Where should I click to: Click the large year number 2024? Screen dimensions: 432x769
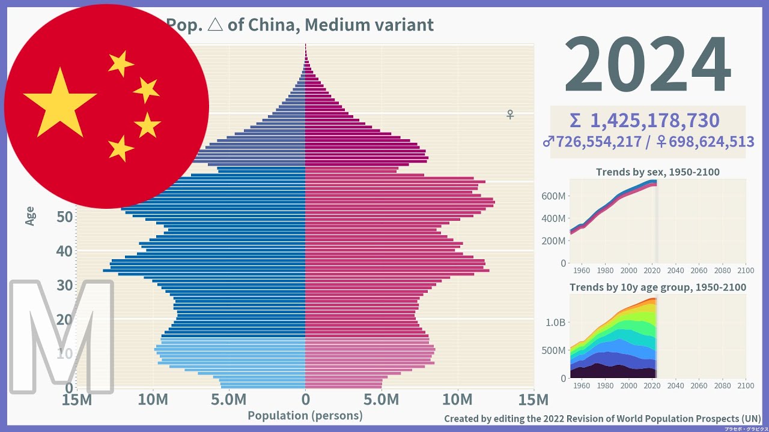(x=647, y=66)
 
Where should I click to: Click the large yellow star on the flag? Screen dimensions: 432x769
(x=59, y=102)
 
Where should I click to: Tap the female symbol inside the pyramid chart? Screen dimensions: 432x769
(x=510, y=114)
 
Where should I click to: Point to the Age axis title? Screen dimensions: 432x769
(x=30, y=216)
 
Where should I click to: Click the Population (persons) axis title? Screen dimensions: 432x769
(x=305, y=415)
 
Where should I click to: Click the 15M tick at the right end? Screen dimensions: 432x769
(x=533, y=400)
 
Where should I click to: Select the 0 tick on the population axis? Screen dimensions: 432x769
(x=305, y=400)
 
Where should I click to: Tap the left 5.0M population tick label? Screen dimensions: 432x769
(x=229, y=400)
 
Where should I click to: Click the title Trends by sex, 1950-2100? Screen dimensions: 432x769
(x=657, y=172)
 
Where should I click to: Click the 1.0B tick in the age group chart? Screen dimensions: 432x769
(x=555, y=322)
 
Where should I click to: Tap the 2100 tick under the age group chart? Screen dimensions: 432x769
(x=745, y=386)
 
